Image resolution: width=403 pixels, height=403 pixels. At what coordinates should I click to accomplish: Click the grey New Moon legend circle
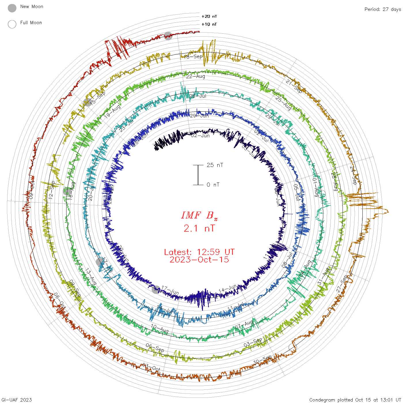[12, 8]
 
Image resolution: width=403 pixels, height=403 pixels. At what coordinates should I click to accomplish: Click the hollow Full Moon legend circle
[12, 24]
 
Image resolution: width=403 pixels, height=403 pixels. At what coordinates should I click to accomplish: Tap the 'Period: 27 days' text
[383, 9]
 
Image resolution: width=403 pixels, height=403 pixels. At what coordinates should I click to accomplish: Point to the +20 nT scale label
[209, 16]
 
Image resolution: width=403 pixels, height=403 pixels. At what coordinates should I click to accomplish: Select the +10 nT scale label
[209, 24]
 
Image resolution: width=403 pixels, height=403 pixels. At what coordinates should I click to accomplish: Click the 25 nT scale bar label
[215, 165]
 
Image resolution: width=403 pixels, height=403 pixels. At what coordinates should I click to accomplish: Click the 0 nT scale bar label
[213, 185]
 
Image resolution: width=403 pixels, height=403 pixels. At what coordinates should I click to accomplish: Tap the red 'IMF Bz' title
[199, 215]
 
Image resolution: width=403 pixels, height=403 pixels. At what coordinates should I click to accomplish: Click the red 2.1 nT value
[199, 228]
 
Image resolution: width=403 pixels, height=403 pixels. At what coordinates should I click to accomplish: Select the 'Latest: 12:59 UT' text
[199, 252]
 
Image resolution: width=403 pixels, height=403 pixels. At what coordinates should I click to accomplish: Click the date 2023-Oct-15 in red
[199, 260]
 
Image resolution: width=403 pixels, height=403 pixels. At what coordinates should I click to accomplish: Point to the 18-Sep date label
[193, 56]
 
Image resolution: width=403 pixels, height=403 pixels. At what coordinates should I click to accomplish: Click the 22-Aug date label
[195, 76]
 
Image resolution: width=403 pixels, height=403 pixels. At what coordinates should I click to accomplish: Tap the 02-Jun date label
[200, 135]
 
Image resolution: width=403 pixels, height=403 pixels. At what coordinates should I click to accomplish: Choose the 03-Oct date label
[151, 367]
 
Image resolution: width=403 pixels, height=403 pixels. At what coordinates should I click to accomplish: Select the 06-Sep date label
[155, 348]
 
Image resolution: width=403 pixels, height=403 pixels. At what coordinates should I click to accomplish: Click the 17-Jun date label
[170, 290]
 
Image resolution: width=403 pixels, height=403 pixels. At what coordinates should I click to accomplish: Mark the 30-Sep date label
[262, 360]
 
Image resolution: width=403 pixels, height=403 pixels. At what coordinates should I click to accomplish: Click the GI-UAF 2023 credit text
[16, 400]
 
